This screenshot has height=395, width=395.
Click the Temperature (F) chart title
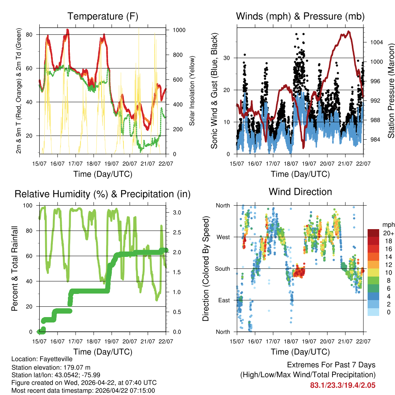coord(103,16)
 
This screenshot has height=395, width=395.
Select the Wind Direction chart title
coord(300,191)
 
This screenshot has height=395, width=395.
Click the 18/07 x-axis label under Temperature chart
coord(94,164)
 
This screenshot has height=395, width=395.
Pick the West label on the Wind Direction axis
coord(223,237)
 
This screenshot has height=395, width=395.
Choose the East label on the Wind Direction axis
coord(223,300)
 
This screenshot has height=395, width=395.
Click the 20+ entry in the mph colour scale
coord(388,233)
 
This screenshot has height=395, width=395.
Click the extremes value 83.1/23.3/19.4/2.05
coord(343,385)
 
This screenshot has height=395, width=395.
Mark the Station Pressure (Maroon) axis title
coord(391,91)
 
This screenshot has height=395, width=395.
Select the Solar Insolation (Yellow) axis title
coord(192,91)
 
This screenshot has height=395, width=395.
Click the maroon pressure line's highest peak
coord(349,31)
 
